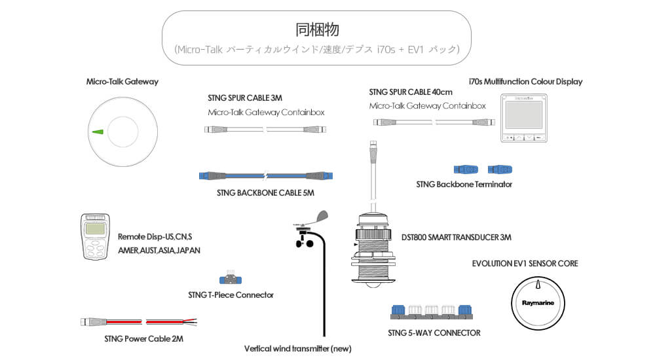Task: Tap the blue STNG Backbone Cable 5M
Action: tap(265, 176)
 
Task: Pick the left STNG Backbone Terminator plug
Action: tap(466, 169)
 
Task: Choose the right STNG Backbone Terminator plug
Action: tap(499, 169)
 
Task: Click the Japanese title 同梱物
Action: tap(316, 29)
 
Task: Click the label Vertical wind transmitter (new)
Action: tap(297, 348)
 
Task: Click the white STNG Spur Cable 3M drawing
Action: tap(265, 130)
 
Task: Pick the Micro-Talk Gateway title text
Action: tap(122, 82)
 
